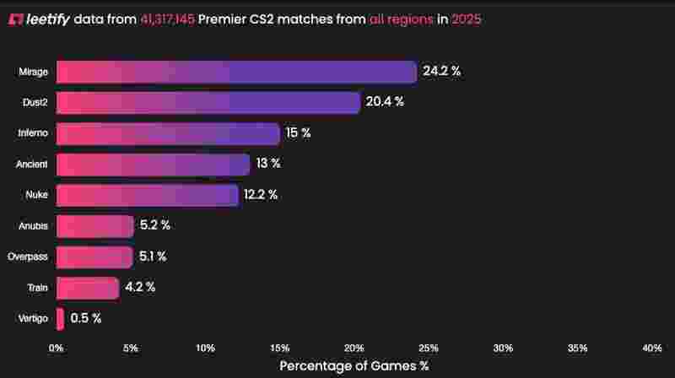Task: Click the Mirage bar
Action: pyautogui.click(x=236, y=72)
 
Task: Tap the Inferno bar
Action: pyautogui.click(x=168, y=133)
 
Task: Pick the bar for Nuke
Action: pyautogui.click(x=148, y=195)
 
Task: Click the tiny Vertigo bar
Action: pyautogui.click(x=60, y=318)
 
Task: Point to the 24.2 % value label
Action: pyautogui.click(x=442, y=72)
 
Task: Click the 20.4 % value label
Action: pyautogui.click(x=385, y=102)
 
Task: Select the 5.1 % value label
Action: pyautogui.click(x=153, y=256)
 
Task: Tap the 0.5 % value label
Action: pyautogui.click(x=86, y=318)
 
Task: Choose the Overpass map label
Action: pyautogui.click(x=28, y=256)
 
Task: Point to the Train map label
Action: pyautogui.click(x=38, y=288)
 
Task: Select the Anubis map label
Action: pyautogui.click(x=34, y=225)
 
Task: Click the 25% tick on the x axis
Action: pyautogui.click(x=429, y=348)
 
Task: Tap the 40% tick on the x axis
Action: pyautogui.click(x=652, y=348)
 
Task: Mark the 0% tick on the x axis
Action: pyautogui.click(x=57, y=348)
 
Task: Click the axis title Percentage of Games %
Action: pyautogui.click(x=354, y=366)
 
